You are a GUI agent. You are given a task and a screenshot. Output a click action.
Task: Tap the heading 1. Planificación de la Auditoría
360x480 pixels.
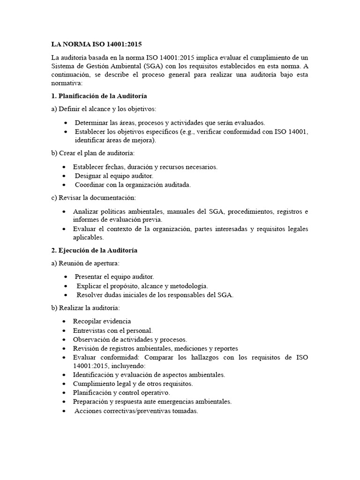[99, 96]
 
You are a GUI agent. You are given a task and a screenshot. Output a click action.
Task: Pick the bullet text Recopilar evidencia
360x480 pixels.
[102, 321]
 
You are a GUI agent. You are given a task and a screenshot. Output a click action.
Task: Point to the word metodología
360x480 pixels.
[187, 285]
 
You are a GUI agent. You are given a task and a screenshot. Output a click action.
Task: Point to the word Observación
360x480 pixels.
[92, 339]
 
